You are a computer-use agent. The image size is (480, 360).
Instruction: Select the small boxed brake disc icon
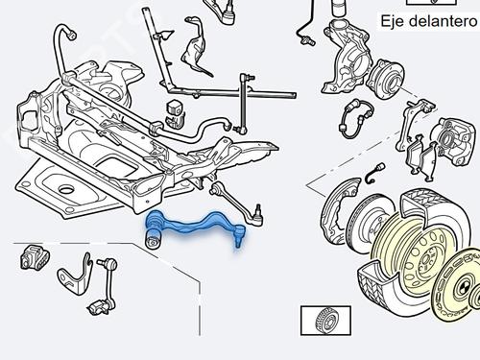[x=325, y=321]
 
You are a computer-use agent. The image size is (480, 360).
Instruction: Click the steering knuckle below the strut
[x=346, y=56]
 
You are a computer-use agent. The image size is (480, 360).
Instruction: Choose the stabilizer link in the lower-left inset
[x=105, y=286]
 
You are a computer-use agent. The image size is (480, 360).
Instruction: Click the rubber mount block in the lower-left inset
[x=35, y=257]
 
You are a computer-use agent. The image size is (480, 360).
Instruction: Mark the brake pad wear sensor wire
[x=375, y=173]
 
